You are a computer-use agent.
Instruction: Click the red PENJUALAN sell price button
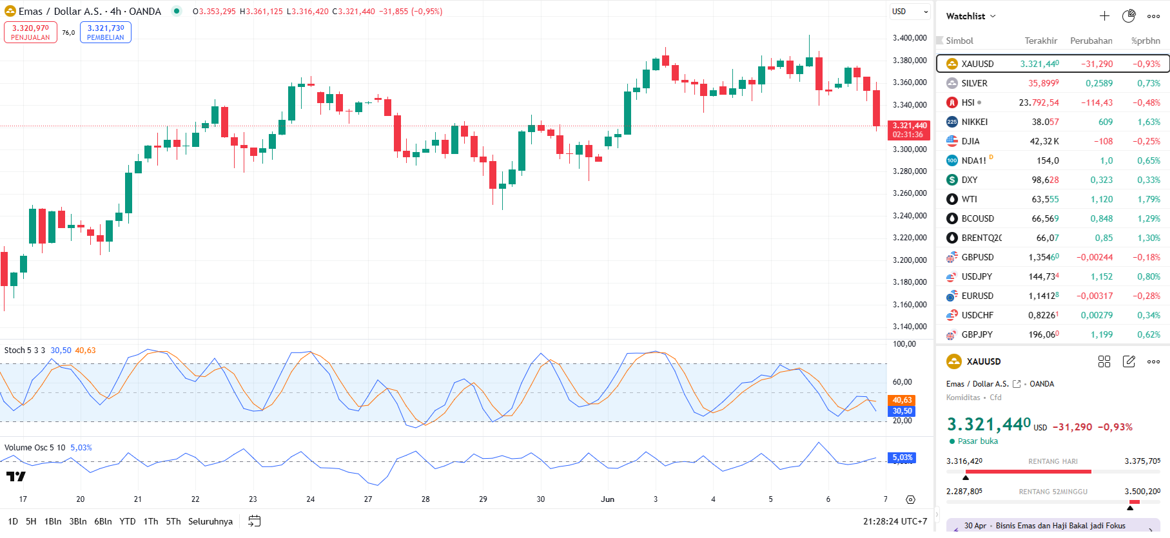click(30, 32)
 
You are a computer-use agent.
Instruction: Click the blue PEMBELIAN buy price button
click(106, 32)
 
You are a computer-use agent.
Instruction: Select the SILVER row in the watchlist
click(974, 83)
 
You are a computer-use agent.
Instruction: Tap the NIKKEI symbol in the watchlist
click(974, 122)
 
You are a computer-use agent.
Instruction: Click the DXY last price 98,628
click(1045, 180)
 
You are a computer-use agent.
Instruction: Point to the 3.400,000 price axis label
click(910, 38)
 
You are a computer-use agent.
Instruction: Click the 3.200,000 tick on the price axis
click(910, 260)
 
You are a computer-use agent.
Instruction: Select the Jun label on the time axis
click(607, 499)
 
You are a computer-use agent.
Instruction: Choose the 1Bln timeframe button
click(53, 521)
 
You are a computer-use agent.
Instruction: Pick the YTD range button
click(128, 521)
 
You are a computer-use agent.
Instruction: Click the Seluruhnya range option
click(210, 521)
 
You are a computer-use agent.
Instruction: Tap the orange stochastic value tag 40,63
click(902, 400)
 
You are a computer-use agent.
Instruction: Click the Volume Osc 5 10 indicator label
click(35, 448)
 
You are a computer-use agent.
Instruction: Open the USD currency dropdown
click(909, 12)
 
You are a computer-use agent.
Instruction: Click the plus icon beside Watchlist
click(1104, 16)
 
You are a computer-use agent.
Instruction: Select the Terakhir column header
click(1041, 41)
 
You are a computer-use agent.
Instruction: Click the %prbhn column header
click(1146, 41)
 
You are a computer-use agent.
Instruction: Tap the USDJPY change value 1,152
click(1101, 276)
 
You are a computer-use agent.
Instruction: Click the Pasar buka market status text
click(977, 441)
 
